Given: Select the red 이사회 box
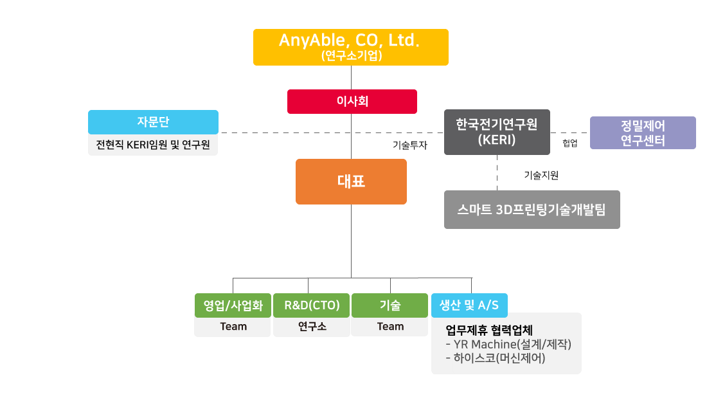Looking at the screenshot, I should coord(352,101).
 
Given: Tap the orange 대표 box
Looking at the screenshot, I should coord(351,181).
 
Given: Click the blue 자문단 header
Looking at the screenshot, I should coord(153,122).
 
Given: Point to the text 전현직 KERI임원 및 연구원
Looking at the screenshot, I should coord(153,145).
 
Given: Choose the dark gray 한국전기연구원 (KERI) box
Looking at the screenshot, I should coord(497,132).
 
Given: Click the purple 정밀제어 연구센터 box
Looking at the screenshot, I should coord(643,133).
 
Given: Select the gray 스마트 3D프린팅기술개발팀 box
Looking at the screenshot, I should coord(532,210).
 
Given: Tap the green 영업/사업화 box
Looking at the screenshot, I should coord(233,305).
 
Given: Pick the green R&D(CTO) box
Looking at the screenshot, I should coord(312,305).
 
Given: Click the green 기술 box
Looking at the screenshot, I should coord(390,305).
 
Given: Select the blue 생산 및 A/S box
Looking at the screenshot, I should coord(469,305).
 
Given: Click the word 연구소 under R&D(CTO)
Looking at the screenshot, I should coord(312,326).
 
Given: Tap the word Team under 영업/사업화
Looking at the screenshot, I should coord(233,326).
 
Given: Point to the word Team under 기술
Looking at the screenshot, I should coord(390,326).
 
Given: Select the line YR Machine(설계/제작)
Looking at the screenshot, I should coord(508,344).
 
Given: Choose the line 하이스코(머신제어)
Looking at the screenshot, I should coord(495,358).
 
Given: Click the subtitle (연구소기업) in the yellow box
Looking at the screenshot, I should coord(351,55).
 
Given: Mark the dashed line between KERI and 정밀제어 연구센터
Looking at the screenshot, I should coord(570,132).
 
